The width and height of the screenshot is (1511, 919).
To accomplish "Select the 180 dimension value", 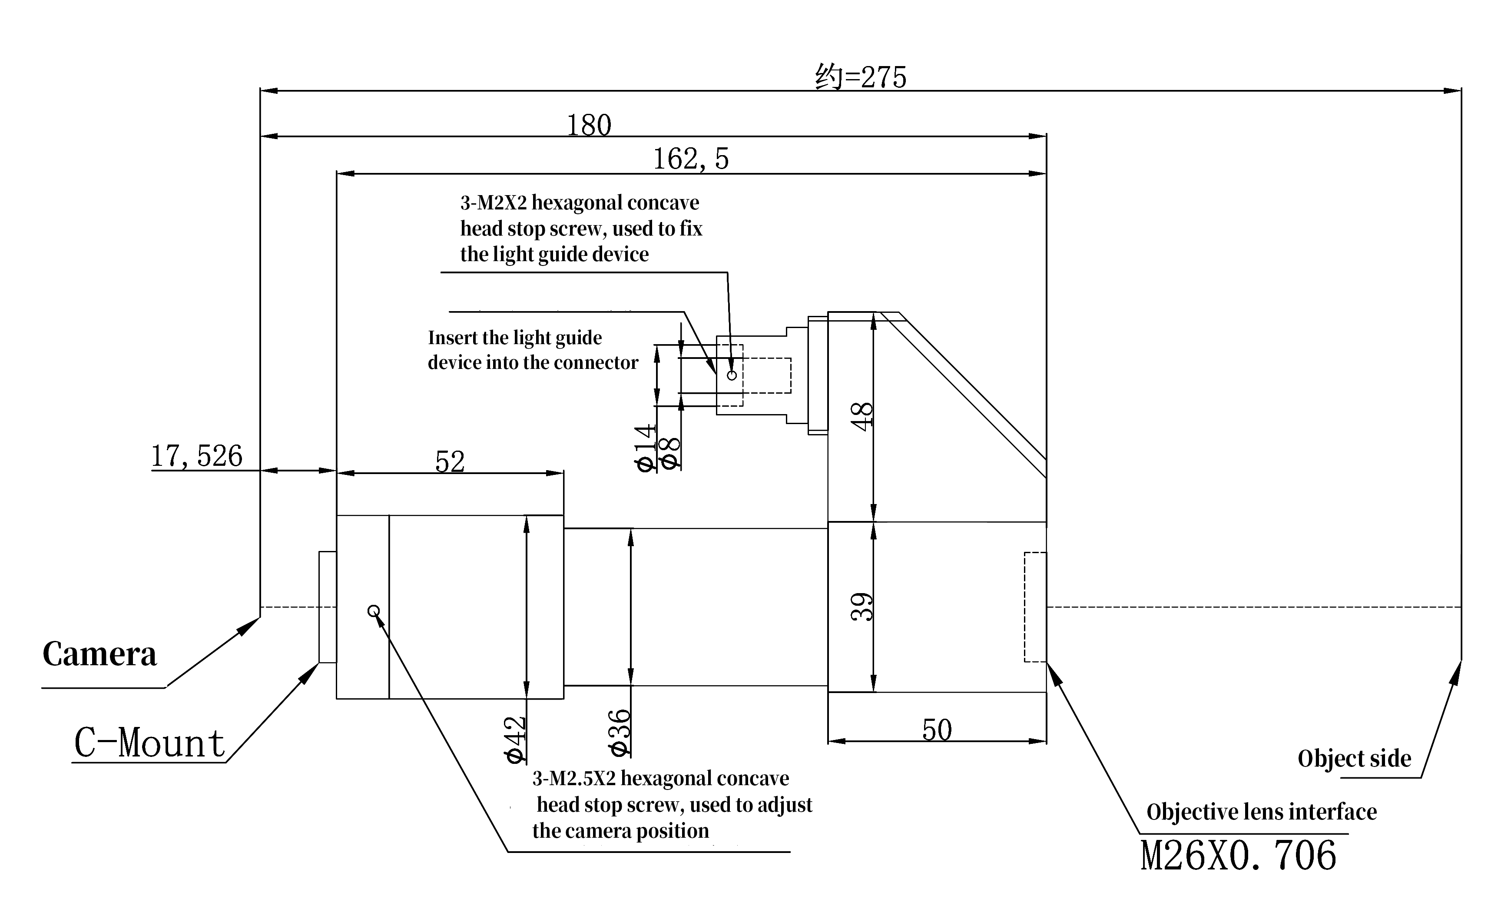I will [x=589, y=125].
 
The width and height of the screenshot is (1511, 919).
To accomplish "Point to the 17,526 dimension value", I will [x=197, y=456].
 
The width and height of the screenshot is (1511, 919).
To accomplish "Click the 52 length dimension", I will [x=450, y=461].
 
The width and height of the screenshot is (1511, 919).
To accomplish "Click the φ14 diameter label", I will [x=646, y=448].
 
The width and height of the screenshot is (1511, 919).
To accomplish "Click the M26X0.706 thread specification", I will [x=1238, y=856].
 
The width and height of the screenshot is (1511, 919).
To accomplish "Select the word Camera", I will [x=99, y=654].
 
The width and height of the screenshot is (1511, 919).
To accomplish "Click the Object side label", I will [x=1354, y=759].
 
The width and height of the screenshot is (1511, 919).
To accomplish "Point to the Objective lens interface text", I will [x=1262, y=812].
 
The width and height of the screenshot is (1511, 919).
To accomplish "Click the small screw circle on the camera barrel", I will [x=374, y=611].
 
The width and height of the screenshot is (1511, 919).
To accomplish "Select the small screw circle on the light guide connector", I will [x=732, y=375].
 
